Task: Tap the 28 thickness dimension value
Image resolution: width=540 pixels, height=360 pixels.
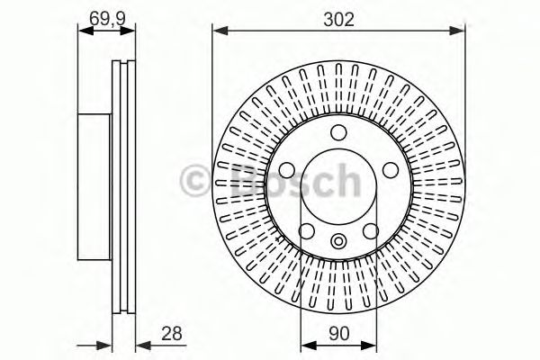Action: pyautogui.click(x=172, y=333)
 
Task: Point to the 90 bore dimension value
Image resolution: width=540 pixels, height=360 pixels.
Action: pyautogui.click(x=338, y=333)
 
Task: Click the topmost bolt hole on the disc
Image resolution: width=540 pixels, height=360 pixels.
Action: pyautogui.click(x=338, y=134)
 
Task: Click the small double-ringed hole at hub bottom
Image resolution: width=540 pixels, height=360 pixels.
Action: pyautogui.click(x=338, y=239)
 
